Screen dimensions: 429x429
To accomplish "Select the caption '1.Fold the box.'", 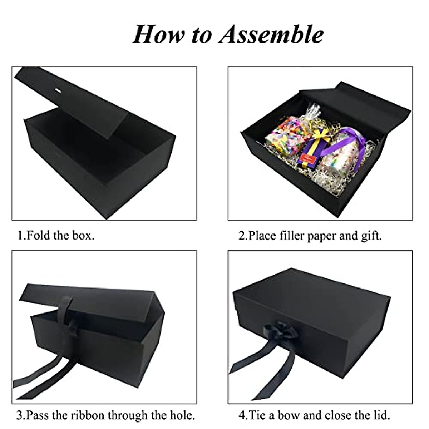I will point(56,236).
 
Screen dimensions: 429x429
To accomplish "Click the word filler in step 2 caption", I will point(287,236).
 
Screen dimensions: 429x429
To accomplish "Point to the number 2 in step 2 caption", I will point(242,236).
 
